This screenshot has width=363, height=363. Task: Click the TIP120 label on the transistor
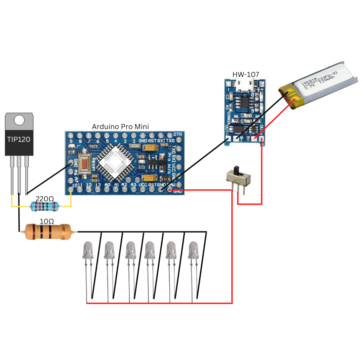(19, 139)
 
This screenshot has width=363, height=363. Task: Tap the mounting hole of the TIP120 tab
(19, 120)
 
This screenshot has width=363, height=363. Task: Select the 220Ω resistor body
(45, 206)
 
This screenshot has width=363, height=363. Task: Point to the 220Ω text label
(45, 199)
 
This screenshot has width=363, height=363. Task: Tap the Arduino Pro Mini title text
(120, 127)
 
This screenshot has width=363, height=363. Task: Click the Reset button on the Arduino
(84, 164)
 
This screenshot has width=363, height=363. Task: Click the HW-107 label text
(246, 75)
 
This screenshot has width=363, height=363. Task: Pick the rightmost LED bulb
(193, 250)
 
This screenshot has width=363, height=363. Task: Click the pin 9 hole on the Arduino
(71, 135)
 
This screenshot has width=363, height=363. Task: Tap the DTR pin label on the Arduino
(177, 134)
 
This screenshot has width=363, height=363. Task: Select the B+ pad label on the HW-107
(248, 138)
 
